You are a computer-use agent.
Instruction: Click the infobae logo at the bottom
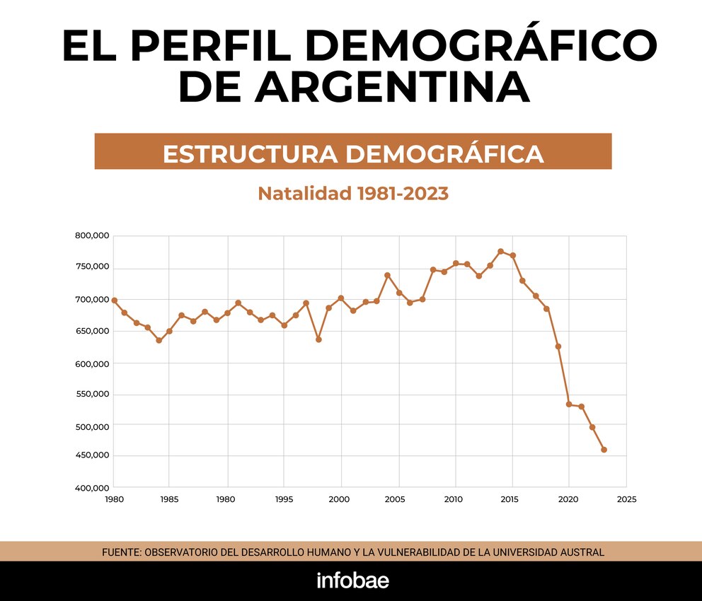352,580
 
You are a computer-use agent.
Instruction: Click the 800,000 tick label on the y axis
92,235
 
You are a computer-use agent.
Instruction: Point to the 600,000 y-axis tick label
92,363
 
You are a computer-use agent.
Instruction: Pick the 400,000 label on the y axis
92,488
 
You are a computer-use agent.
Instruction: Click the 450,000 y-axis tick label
92,455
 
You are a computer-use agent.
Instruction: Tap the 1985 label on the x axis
169,499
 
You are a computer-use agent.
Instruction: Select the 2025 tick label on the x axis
626,499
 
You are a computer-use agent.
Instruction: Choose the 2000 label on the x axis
341,499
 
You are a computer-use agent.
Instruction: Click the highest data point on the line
500,251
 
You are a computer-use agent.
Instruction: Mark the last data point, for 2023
604,450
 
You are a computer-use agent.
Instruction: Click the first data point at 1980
115,300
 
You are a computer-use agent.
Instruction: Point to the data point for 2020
569,404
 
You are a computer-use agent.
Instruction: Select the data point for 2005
399,293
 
